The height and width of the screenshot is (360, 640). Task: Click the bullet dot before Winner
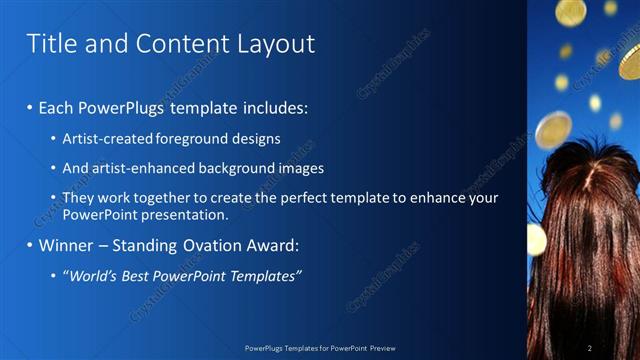(x=30, y=246)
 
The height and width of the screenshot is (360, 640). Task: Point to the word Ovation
(x=203, y=246)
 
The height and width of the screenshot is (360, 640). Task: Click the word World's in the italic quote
(x=92, y=276)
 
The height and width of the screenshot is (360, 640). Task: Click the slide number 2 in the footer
(x=590, y=347)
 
